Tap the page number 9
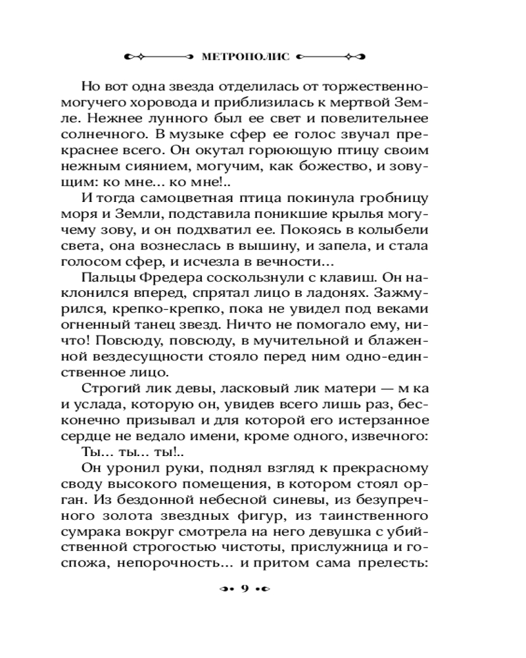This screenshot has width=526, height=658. click(x=244, y=588)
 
